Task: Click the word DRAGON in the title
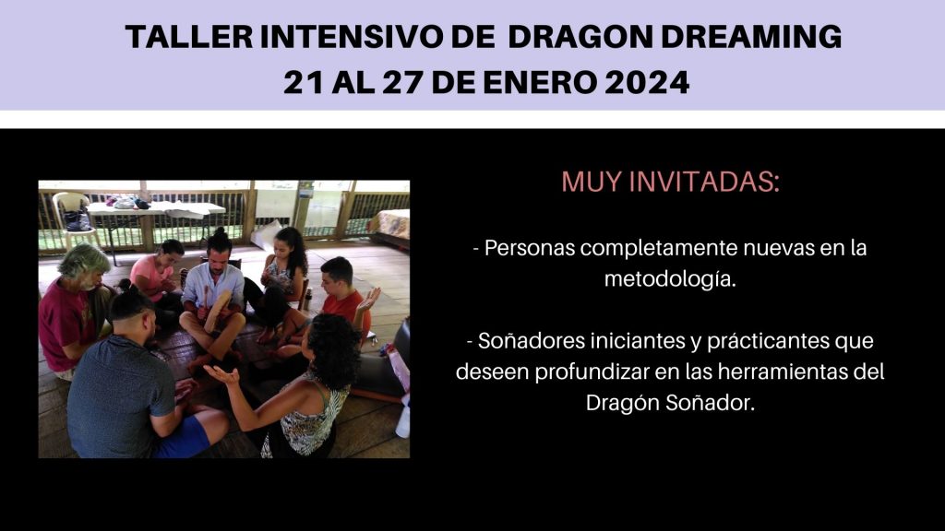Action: [580, 37]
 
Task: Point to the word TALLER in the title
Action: [189, 37]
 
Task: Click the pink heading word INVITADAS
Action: [704, 182]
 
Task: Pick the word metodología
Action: [670, 279]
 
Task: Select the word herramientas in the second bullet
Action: [782, 372]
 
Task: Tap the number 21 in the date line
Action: [304, 82]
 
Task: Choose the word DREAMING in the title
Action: [751, 37]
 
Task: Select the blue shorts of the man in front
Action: [184, 436]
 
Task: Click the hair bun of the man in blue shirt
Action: [219, 231]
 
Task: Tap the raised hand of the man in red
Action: [369, 299]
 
